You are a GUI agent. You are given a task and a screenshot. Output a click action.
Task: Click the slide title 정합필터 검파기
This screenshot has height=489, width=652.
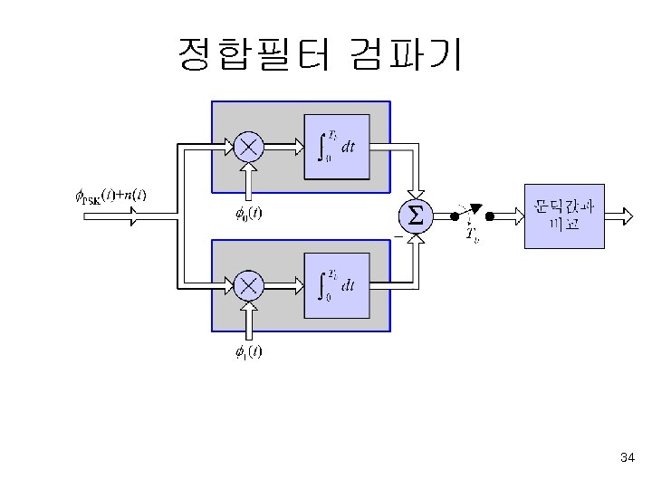(321, 54)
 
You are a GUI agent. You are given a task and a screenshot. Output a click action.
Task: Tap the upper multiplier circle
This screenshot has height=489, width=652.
(249, 146)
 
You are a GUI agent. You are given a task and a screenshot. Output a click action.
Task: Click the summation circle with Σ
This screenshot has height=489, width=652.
(416, 216)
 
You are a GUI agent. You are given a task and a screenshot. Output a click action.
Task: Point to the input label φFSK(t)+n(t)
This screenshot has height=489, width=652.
(110, 195)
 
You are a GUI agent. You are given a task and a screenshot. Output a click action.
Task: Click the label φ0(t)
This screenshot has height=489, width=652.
(244, 215)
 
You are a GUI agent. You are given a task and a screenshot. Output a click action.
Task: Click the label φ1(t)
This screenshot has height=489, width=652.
(244, 352)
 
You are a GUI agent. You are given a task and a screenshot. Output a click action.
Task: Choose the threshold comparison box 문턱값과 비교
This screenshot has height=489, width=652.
(564, 216)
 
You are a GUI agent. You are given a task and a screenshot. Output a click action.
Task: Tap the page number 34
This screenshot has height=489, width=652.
(628, 458)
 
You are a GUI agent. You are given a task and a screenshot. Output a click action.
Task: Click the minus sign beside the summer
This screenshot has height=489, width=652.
(397, 236)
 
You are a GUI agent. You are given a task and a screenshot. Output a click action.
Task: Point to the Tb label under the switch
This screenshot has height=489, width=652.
(472, 235)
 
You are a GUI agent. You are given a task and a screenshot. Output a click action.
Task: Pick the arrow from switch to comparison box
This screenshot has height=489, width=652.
(506, 216)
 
